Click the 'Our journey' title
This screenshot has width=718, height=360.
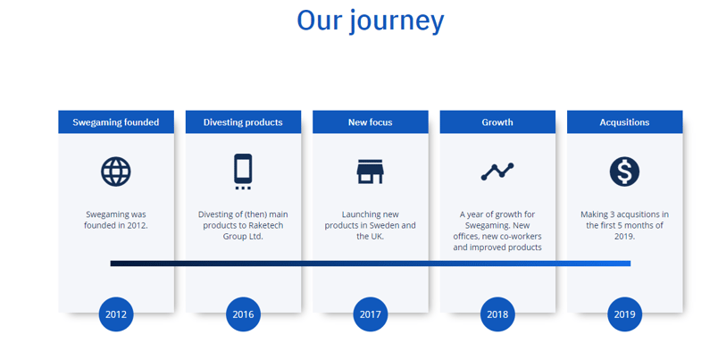coord(370,21)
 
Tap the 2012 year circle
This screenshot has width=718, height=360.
coord(116,314)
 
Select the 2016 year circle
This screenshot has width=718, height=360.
coord(243,314)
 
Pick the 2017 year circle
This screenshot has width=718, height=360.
coord(371,314)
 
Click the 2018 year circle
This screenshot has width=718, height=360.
coord(497,314)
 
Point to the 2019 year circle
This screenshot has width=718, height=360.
coord(624,314)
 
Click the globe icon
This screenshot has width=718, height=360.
coord(116,172)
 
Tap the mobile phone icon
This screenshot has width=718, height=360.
coord(243,172)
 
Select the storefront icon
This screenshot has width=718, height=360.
coord(371,172)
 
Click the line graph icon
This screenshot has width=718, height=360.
coord(497,172)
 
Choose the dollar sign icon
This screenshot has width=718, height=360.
coord(624,172)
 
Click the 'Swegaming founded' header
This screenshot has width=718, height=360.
coord(116,122)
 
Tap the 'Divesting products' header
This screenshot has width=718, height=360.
coord(243,122)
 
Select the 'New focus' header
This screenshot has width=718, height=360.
coord(371,122)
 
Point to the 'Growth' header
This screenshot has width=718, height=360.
coord(497,122)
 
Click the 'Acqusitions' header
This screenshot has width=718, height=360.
coord(624,122)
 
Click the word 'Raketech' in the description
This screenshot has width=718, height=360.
coord(266,225)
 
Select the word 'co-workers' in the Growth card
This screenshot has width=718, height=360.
coord(521,237)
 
